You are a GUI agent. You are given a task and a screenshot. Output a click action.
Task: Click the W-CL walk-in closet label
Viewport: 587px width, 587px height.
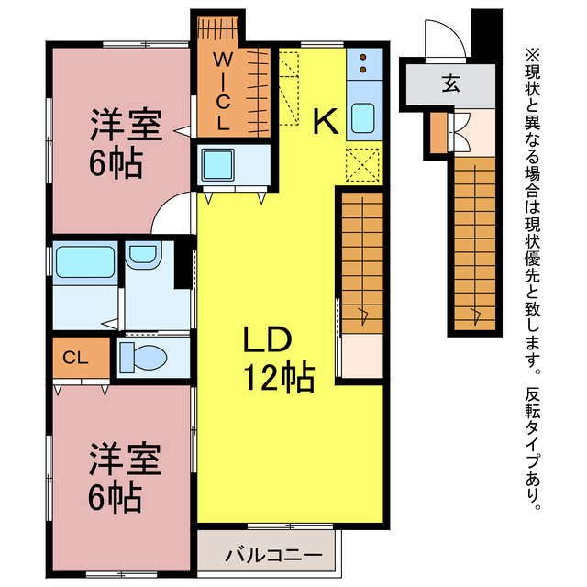click(223, 91)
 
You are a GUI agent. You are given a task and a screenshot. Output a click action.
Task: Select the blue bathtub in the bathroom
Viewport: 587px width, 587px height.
click(84, 262)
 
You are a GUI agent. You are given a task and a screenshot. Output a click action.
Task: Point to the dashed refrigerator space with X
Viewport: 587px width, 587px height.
click(363, 164)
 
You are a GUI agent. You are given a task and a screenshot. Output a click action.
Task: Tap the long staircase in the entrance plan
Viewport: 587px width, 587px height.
click(476, 243)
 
